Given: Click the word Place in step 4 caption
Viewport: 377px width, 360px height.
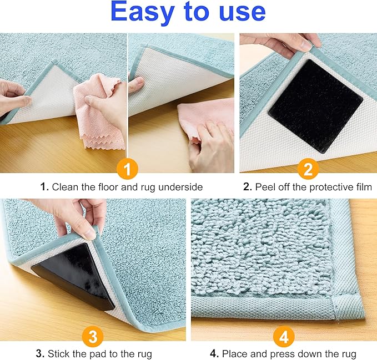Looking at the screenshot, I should click(x=234, y=353).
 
